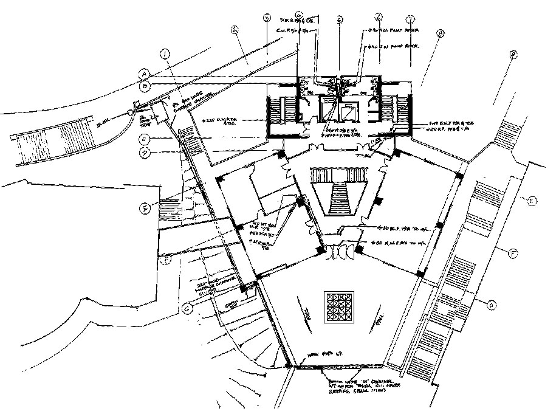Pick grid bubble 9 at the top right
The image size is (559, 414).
coord(514,54)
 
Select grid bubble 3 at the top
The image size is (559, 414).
coord(266,19)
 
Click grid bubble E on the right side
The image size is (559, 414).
coord(532,201)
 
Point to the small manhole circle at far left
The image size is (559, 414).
coord(131,112)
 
